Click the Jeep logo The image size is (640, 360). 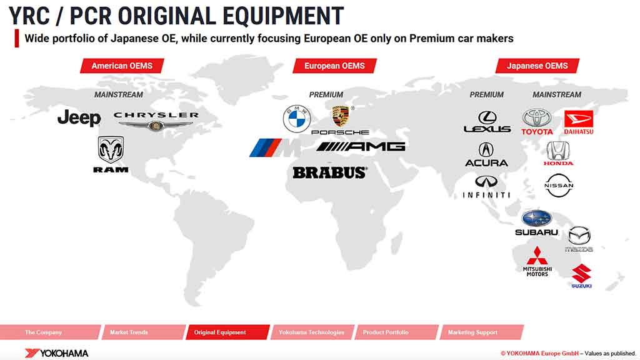click(x=79, y=118)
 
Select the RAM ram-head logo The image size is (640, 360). click(x=111, y=150)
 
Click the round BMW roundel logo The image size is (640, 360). click(x=297, y=119)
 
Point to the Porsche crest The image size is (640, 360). click(x=341, y=116)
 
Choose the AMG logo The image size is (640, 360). click(x=361, y=146)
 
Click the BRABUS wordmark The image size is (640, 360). click(x=330, y=172)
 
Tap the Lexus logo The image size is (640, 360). click(x=487, y=122)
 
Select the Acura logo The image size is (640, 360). click(x=486, y=155)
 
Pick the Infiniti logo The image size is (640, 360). click(x=486, y=187)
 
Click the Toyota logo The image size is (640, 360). click(x=537, y=122)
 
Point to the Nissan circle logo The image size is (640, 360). click(x=559, y=185)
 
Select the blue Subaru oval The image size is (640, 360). click(x=536, y=218)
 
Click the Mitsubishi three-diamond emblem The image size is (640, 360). click(x=537, y=256)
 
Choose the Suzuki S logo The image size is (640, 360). click(x=581, y=274)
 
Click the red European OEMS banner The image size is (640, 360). click(x=335, y=66)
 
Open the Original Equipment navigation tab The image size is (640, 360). click(x=227, y=332)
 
